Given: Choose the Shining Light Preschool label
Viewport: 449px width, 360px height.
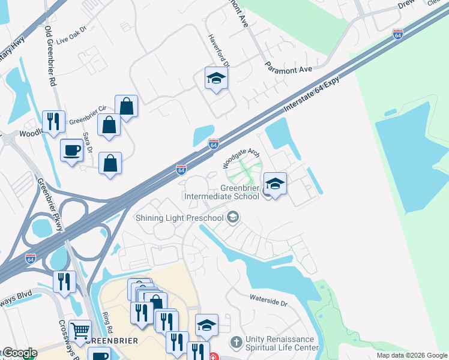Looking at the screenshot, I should pos(179,217).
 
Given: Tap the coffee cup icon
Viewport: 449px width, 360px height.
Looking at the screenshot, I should pos(72,149).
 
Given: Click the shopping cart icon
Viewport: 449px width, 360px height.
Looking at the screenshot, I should pos(80,330).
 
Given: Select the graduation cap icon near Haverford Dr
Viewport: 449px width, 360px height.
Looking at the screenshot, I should pos(216,78).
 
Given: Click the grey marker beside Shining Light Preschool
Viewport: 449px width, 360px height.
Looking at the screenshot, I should pos(234,217).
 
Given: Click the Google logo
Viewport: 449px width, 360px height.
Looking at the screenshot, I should pos(20,353).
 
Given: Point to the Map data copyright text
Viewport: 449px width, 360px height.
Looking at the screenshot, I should pos(412,355).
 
